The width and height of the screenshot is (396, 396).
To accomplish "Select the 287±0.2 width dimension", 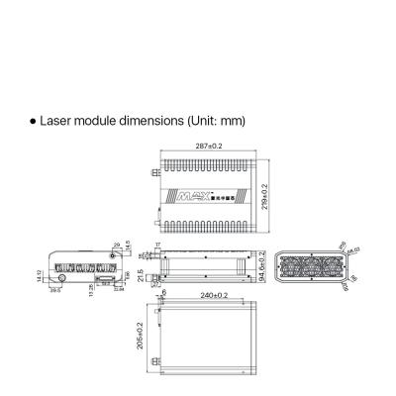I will pyautogui.click(x=209, y=146).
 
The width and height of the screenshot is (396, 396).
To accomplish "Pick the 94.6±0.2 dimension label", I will pyautogui.click(x=261, y=266).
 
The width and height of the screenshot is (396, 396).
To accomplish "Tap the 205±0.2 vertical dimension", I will pyautogui.click(x=141, y=335).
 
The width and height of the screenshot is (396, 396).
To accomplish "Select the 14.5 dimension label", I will pyautogui.click(x=128, y=247).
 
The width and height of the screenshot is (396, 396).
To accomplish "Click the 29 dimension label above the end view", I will pyautogui.click(x=117, y=243).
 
